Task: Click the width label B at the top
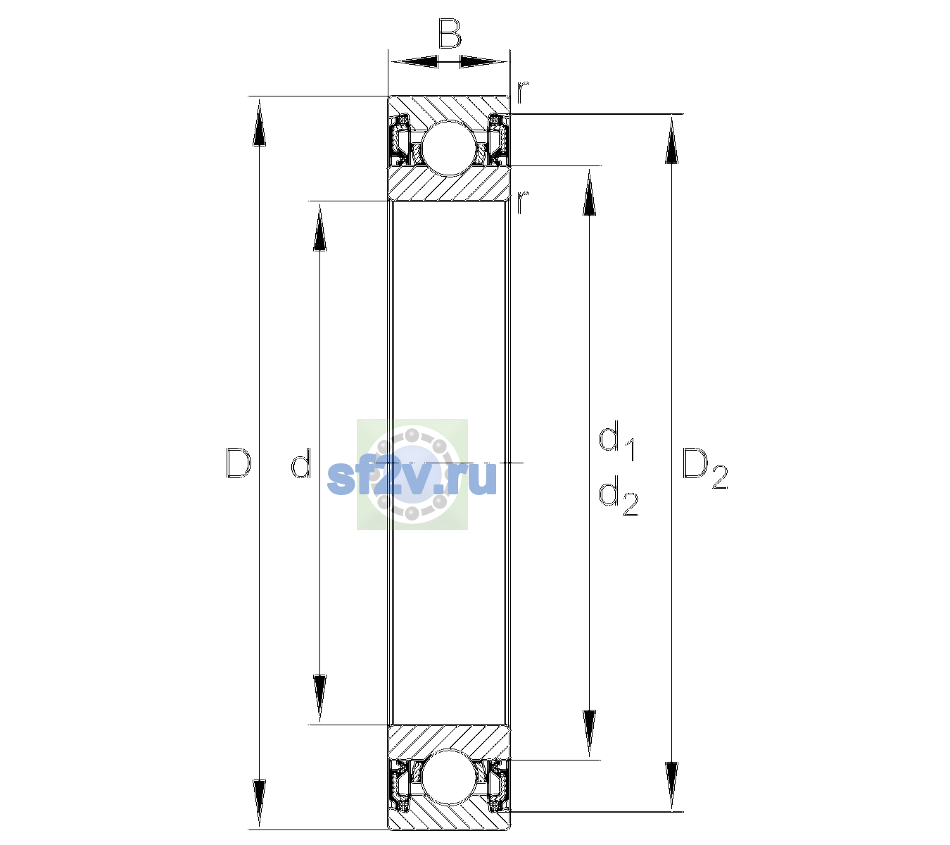[x=449, y=34]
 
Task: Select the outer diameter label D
[x=238, y=463]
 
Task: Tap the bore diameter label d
[x=300, y=463]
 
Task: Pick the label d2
[x=618, y=496]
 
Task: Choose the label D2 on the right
[x=705, y=468]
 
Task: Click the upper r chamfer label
[x=523, y=92]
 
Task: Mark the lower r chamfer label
[x=523, y=202]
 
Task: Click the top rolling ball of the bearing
[x=449, y=149]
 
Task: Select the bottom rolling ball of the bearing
[x=449, y=777]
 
